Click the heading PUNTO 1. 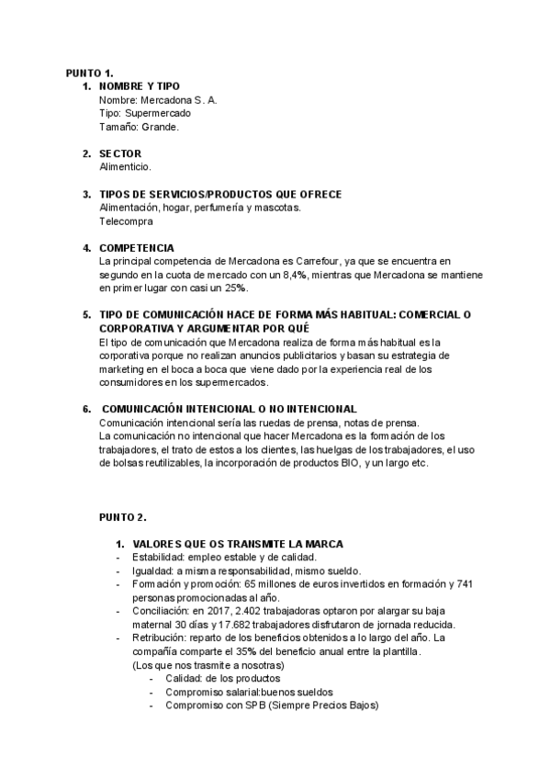point(89,73)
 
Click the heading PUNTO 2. point(122,517)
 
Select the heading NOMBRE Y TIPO point(146,85)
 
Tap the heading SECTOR point(120,153)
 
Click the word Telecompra point(127,221)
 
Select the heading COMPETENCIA point(136,248)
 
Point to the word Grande point(161,127)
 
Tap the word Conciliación point(160,612)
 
